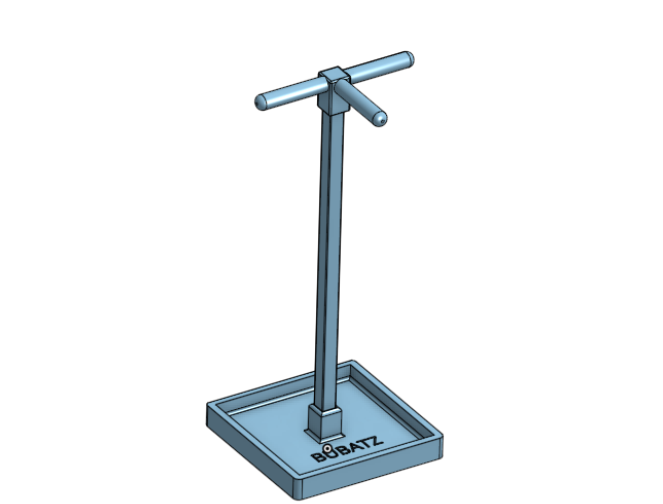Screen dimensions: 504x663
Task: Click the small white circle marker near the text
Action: [x=327, y=448]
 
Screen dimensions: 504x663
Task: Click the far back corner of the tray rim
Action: [x=353, y=361]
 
